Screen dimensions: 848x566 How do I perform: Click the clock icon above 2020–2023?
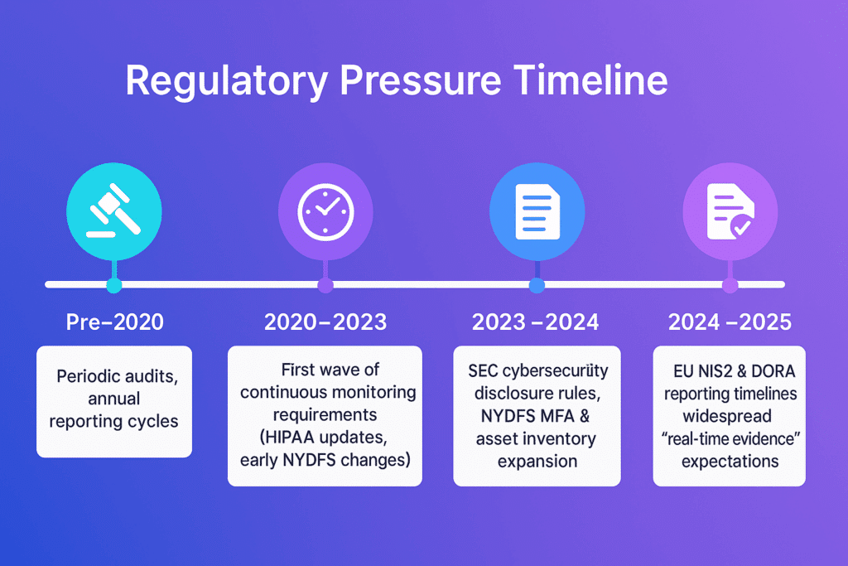click(x=325, y=212)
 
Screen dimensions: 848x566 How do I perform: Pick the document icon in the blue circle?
click(x=537, y=211)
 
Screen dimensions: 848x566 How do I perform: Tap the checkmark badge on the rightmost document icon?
click(x=741, y=226)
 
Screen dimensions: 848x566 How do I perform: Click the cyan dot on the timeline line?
click(x=114, y=285)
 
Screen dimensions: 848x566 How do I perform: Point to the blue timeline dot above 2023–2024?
click(x=537, y=285)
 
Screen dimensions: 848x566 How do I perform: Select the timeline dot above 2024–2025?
click(x=730, y=285)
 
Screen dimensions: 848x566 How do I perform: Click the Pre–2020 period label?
click(x=114, y=322)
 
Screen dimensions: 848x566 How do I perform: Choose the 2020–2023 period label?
click(x=325, y=322)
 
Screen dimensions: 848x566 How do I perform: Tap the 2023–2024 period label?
click(x=536, y=322)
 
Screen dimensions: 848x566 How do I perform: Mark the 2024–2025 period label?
click(x=730, y=322)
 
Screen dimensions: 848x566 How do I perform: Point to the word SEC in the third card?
click(x=483, y=370)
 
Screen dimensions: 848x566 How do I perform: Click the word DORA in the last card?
click(x=773, y=371)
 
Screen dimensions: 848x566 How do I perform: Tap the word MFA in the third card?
click(x=556, y=416)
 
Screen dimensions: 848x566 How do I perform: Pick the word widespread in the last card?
click(x=727, y=417)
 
